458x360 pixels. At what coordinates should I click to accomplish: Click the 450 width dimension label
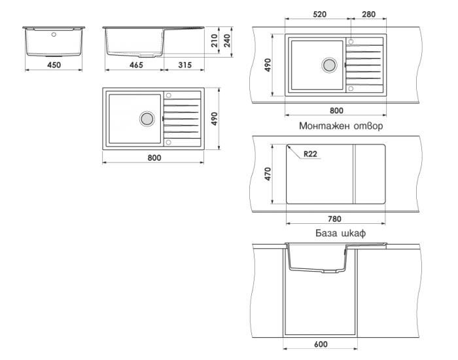54,65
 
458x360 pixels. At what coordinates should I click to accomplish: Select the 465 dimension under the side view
136,65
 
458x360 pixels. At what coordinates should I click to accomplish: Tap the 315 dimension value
185,65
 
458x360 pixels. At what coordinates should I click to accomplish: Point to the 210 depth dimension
215,41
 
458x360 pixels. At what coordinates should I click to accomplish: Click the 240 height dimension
227,41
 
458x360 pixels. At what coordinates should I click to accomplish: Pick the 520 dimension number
319,14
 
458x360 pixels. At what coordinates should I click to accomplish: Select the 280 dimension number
368,14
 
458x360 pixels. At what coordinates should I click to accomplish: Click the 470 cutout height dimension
268,174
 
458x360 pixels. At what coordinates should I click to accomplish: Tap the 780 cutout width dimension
334,219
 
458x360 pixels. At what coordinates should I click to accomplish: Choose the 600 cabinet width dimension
321,344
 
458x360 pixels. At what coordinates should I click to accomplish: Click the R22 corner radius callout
310,154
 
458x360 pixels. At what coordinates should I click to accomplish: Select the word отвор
368,126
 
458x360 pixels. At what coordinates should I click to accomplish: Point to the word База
326,233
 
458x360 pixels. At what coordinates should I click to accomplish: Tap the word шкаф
353,233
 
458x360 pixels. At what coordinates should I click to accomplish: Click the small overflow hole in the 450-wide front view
54,35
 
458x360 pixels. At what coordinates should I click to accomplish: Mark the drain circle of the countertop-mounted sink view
330,65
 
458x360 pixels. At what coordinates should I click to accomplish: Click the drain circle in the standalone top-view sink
147,118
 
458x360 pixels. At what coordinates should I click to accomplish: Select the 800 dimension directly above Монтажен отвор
336,111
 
